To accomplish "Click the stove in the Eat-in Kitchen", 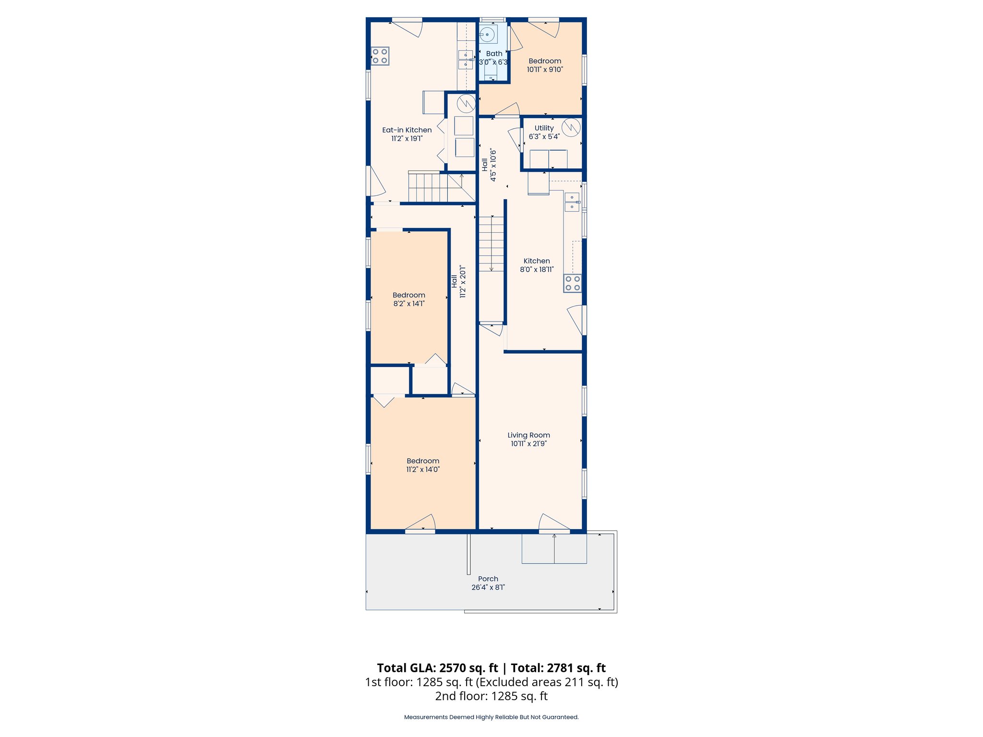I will [380, 56].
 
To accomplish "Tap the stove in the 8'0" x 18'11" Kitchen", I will [573, 283].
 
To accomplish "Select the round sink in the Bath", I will [487, 35].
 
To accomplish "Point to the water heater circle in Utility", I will [571, 127].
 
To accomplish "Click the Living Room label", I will [528, 435].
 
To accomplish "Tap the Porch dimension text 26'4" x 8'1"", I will [488, 587].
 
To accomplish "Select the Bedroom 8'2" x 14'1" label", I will [408, 299].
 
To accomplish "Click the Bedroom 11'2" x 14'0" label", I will [423, 465].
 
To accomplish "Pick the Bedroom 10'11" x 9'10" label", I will [545, 65].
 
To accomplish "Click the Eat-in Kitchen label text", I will [407, 130].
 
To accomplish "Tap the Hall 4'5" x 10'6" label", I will [489, 165].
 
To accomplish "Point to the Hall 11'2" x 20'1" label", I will [458, 282].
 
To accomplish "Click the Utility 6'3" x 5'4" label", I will [544, 132].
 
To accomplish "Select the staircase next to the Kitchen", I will [491, 245].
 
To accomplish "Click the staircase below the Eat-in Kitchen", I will [434, 187].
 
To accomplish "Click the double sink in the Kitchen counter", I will [572, 202].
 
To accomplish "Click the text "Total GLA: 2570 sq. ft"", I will [437, 668].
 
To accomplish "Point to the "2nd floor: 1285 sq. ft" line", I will [491, 696].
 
